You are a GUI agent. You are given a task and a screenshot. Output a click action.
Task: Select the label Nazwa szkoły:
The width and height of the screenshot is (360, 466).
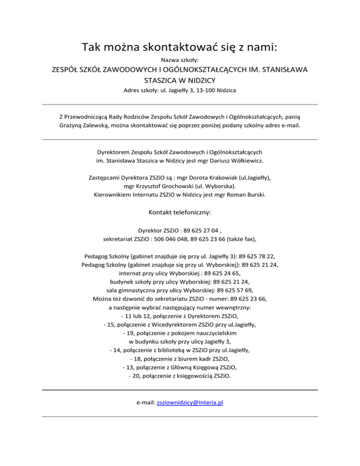pyautogui.click(x=180, y=60)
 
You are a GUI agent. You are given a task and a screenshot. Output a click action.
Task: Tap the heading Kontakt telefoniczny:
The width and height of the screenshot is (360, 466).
pyautogui.click(x=180, y=212)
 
